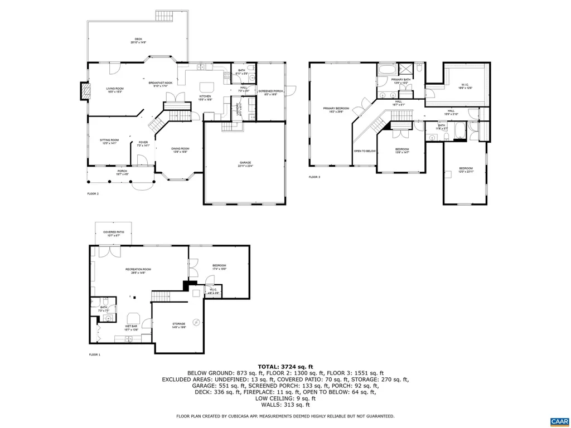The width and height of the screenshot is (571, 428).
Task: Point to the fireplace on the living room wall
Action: (85, 91)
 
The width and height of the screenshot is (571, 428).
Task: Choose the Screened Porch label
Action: (270, 93)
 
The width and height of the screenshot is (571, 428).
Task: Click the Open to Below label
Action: (365, 151)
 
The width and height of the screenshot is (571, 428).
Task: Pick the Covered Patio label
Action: (113, 234)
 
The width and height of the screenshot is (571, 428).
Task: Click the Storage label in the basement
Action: (178, 325)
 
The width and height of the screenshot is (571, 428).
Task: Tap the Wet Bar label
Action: (131, 329)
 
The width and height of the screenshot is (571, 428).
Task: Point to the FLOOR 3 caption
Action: (315, 177)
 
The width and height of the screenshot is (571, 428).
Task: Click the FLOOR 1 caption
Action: (94, 354)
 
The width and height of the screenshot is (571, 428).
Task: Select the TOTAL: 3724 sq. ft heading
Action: (285, 366)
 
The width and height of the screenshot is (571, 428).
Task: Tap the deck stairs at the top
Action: (165, 15)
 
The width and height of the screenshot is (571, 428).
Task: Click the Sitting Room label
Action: (109, 142)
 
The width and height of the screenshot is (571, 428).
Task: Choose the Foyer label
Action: (143, 143)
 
